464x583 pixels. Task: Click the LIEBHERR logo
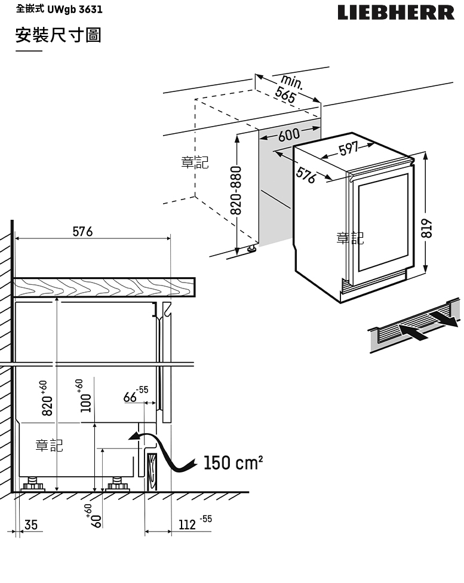[396, 13]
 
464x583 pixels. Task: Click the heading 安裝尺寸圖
[59, 35]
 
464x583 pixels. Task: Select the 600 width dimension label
[288, 135]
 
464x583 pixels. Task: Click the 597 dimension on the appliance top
[348, 149]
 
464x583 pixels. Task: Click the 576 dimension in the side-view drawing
[82, 231]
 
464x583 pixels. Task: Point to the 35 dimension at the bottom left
[30, 525]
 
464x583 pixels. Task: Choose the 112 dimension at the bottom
[188, 525]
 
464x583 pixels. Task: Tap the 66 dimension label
[130, 397]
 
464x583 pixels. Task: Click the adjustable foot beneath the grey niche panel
[252, 247]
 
